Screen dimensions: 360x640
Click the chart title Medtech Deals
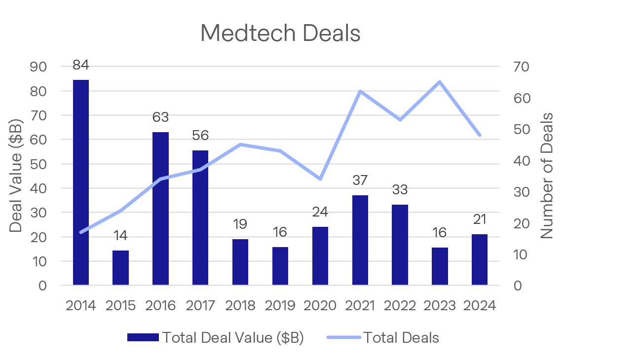tap(280, 33)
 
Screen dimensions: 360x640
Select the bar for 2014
tap(81, 182)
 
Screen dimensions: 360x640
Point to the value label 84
tap(80, 65)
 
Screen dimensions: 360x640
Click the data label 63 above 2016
tap(160, 117)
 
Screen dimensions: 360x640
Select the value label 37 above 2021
tap(360, 180)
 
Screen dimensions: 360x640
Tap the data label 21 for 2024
tap(480, 219)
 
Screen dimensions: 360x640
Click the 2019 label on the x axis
tap(280, 306)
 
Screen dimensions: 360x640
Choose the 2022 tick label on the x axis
tap(400, 306)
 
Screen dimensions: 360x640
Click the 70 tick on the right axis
tap(521, 67)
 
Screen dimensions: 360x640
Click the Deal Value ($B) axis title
tap(16, 176)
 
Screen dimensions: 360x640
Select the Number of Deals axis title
tap(546, 176)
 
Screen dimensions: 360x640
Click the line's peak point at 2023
tap(440, 82)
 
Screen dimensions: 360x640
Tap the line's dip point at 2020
tap(320, 179)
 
